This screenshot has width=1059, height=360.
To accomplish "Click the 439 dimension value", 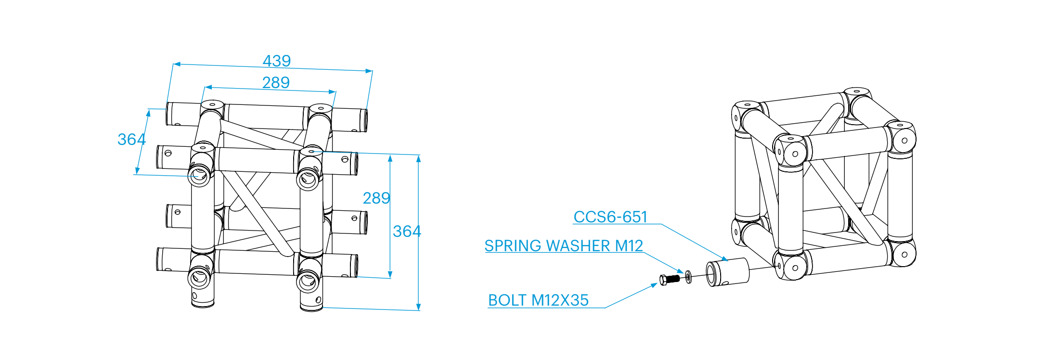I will click(x=277, y=61).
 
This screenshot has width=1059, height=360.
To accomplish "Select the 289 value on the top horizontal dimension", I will click(x=276, y=83).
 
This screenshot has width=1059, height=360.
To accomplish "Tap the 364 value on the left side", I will click(x=131, y=140).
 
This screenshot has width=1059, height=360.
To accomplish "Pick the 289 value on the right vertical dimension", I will click(x=376, y=198).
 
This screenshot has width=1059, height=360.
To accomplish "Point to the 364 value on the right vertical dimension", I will click(x=407, y=231).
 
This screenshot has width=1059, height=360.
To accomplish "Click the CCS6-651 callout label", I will click(x=610, y=217).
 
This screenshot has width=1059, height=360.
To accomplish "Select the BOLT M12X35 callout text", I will click(x=538, y=300).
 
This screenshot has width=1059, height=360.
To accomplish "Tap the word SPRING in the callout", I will click(x=513, y=246).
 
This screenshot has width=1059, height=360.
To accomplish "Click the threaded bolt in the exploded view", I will click(x=672, y=279).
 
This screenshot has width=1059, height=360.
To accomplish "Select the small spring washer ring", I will click(x=688, y=276).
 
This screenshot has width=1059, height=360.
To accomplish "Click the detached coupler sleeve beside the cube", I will click(x=727, y=272).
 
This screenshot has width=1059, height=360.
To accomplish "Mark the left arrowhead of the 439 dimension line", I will click(x=177, y=64).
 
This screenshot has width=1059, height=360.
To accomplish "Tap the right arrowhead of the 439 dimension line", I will click(x=369, y=71).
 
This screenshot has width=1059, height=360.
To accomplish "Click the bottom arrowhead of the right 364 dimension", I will click(x=419, y=307).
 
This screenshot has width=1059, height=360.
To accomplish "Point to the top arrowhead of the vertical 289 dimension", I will click(x=390, y=158).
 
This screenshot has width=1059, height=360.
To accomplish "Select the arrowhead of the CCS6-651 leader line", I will click(x=725, y=259).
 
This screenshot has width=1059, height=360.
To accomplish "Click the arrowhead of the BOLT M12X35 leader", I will click(x=654, y=285).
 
